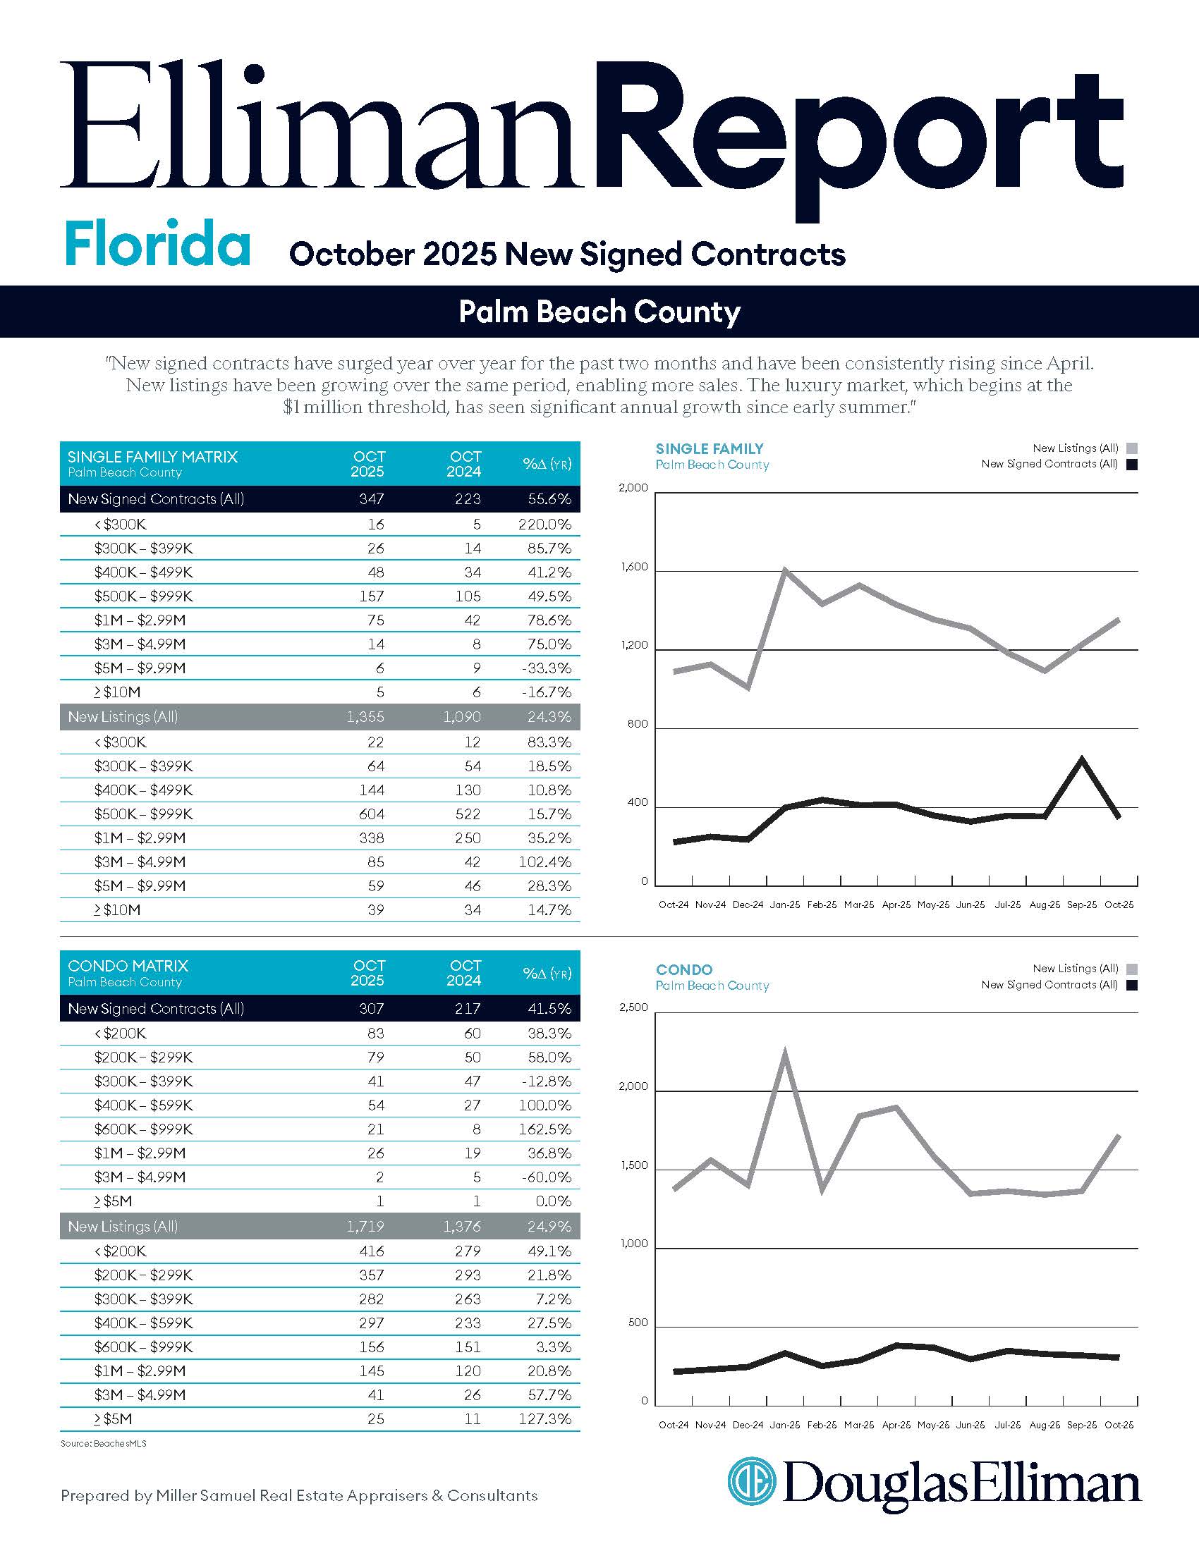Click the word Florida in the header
click(157, 243)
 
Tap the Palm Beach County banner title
click(599, 312)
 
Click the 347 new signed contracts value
click(371, 499)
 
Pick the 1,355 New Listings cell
click(365, 716)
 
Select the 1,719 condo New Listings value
click(365, 1227)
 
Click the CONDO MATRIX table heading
click(128, 966)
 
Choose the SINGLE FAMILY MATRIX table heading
click(152, 457)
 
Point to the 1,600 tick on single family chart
click(633, 567)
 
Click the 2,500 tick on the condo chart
click(633, 1007)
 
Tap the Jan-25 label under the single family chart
click(785, 905)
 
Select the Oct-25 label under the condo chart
click(1119, 1425)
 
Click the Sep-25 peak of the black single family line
click(1081, 759)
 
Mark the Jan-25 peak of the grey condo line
click(785, 1053)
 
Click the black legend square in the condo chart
click(1131, 985)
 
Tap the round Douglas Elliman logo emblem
click(752, 1480)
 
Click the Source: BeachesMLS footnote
click(104, 1444)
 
